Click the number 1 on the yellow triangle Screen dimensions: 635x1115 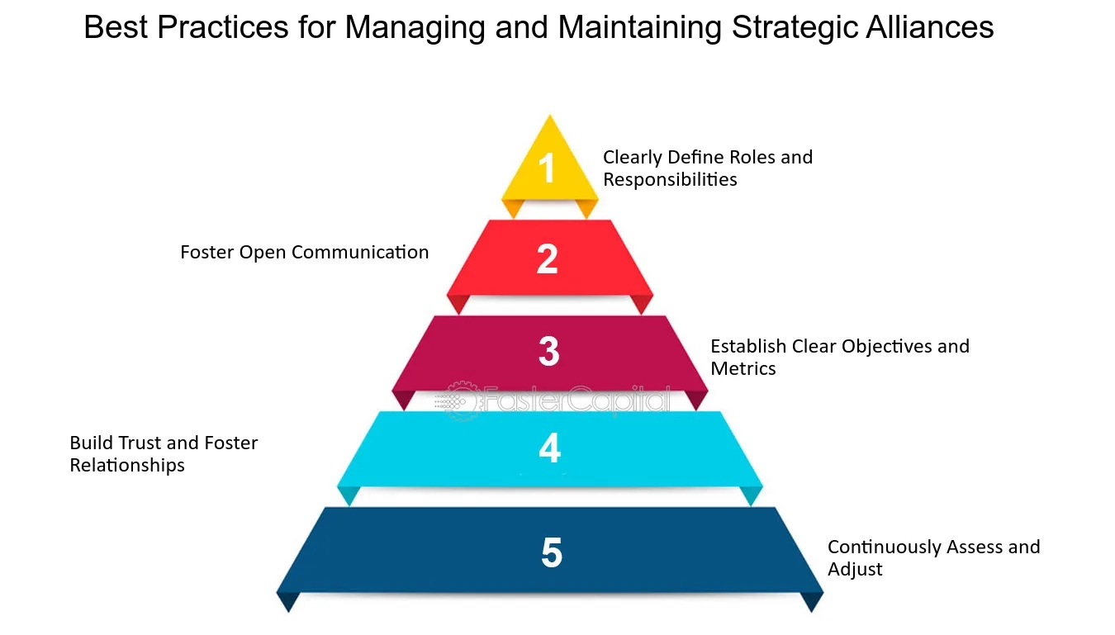[x=547, y=168]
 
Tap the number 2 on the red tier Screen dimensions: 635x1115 [x=547, y=259]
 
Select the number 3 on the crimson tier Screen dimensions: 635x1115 [x=548, y=351]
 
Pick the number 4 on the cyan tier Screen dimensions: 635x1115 [x=550, y=448]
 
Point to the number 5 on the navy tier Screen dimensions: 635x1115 [x=552, y=552]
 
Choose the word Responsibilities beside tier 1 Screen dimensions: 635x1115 [x=670, y=179]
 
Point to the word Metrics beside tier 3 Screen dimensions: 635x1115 [x=743, y=368]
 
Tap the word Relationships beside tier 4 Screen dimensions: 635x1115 [x=127, y=466]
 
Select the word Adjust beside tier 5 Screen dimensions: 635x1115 [x=855, y=570]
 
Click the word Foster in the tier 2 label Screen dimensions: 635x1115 [x=207, y=253]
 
